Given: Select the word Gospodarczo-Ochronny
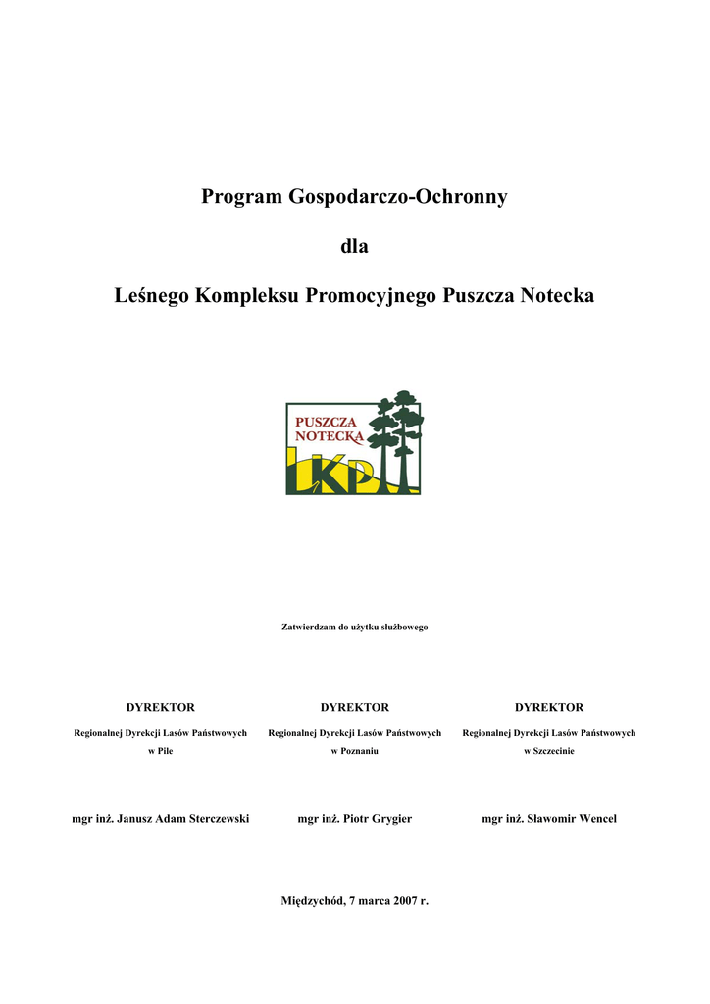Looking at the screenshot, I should [x=396, y=197].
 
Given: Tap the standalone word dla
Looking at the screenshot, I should [x=354, y=246].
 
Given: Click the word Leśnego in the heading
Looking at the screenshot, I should [x=152, y=295].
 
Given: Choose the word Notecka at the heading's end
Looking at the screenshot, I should [x=557, y=295].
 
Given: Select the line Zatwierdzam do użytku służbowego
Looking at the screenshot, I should [x=354, y=626].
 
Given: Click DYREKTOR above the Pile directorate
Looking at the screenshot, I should [x=161, y=707].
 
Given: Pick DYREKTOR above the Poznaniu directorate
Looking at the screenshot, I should [x=354, y=707].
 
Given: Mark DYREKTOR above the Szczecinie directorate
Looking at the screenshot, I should [x=548, y=707].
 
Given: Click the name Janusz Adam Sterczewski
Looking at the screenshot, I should [x=182, y=818].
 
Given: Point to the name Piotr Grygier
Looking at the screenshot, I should [x=378, y=818].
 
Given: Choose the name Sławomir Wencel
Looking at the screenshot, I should [x=572, y=818].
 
